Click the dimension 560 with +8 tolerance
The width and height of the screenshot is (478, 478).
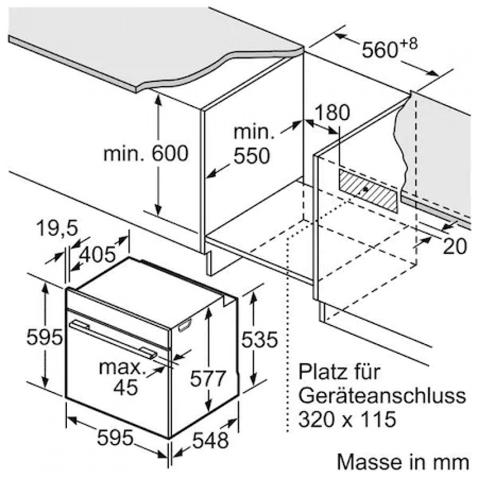coord(389,48)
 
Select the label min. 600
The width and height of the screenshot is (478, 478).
coord(146,153)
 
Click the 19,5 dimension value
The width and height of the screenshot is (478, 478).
coord(57,228)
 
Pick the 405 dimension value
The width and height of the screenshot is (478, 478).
coord(98,254)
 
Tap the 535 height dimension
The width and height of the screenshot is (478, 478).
coord(260,339)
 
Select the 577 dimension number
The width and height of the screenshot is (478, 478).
coord(208,379)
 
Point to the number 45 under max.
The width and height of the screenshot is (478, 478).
coord(125,388)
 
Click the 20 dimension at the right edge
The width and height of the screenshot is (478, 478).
coord(455,246)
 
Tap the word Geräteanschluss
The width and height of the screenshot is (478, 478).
coord(382,396)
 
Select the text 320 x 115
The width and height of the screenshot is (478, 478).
coord(347,419)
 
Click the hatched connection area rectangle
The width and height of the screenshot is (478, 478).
coord(369,191)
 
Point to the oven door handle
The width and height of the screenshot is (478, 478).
coord(113,338)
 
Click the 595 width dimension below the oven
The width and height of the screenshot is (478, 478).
coord(115,437)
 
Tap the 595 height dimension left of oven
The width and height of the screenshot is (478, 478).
coord(44,337)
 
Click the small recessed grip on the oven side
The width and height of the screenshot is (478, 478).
coord(185,325)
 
